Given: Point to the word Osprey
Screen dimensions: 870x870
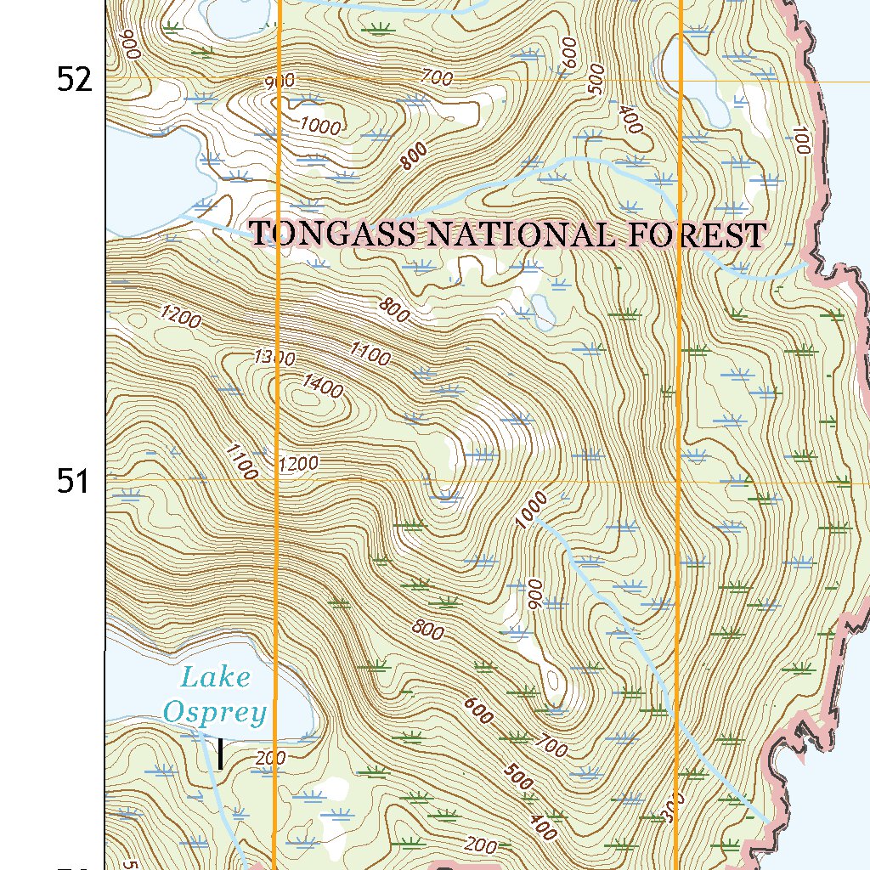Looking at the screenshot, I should [x=215, y=712].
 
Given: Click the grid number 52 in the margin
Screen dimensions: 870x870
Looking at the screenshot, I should [x=74, y=80].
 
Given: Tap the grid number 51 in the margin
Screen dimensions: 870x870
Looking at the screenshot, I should [x=74, y=482].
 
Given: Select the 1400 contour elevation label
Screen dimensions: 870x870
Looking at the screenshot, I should [x=322, y=389].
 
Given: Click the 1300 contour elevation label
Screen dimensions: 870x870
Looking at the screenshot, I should [x=274, y=358].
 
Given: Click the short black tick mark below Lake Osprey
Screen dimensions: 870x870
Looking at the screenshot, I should [x=220, y=754].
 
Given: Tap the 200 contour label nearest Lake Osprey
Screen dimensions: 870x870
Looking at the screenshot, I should [x=270, y=758].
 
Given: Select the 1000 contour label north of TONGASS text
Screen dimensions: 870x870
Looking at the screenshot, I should [x=320, y=127].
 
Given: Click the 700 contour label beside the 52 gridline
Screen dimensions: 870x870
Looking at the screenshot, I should [x=437, y=78].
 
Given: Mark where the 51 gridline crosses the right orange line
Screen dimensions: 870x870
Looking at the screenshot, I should [x=678, y=482].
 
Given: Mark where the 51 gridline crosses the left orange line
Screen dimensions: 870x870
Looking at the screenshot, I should [x=278, y=482].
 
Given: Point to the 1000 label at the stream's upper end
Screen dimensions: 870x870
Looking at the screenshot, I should [x=531, y=509].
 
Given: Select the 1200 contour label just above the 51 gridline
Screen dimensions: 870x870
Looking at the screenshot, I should [x=297, y=463].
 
